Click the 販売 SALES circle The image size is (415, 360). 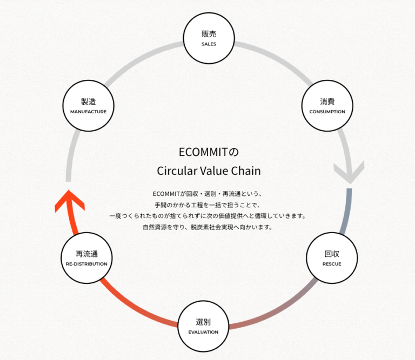[209, 38]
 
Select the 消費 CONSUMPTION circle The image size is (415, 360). [327, 106]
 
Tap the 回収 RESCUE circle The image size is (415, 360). [332, 259]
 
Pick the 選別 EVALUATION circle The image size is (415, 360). [203, 327]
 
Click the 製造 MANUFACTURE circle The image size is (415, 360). [89, 106]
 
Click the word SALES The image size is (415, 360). [209, 44]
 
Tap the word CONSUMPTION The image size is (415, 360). [327, 112]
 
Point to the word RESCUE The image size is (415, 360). [332, 264]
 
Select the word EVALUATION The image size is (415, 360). [203, 332]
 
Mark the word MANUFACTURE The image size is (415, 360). [89, 112]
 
